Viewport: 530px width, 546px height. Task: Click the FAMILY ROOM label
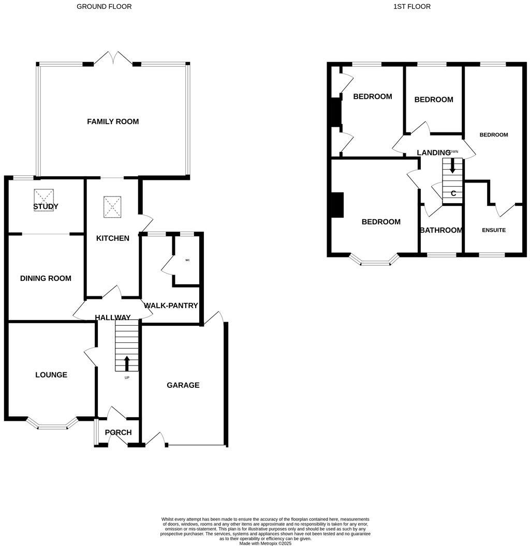(113, 122)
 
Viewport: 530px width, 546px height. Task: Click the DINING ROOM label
(46, 278)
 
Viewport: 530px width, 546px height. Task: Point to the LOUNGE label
(51, 375)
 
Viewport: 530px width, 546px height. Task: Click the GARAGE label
(183, 385)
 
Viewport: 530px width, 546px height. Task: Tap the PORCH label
(118, 432)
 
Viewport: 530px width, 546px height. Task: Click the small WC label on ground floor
(187, 260)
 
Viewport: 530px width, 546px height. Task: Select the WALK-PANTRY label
(171, 306)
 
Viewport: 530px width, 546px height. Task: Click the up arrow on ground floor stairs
(127, 363)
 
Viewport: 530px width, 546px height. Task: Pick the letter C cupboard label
(453, 193)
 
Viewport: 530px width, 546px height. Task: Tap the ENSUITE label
(494, 230)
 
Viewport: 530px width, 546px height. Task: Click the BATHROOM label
(440, 230)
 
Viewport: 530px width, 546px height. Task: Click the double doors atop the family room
(113, 58)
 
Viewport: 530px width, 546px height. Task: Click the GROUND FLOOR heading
(104, 7)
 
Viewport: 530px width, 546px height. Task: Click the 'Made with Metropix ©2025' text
(266, 543)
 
